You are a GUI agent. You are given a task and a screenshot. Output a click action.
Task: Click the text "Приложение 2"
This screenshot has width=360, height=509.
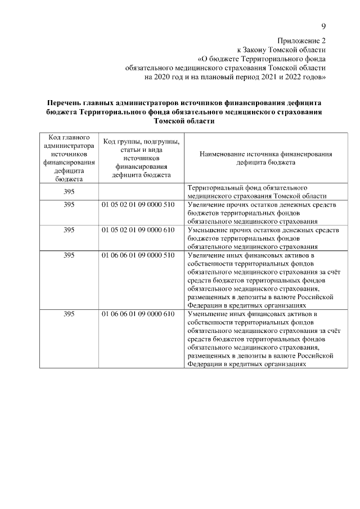tap(301, 40)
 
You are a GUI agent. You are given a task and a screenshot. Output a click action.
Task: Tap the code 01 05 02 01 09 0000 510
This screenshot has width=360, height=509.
tap(138, 205)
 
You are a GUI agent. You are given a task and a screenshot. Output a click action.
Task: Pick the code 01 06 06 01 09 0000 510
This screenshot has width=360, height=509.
tap(138, 255)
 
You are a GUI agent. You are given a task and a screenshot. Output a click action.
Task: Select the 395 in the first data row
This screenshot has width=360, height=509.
tap(69, 192)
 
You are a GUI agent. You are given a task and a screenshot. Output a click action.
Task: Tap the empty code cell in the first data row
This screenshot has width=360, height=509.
tap(141, 192)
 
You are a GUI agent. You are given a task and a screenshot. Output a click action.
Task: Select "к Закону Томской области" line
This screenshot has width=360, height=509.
tap(281, 49)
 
